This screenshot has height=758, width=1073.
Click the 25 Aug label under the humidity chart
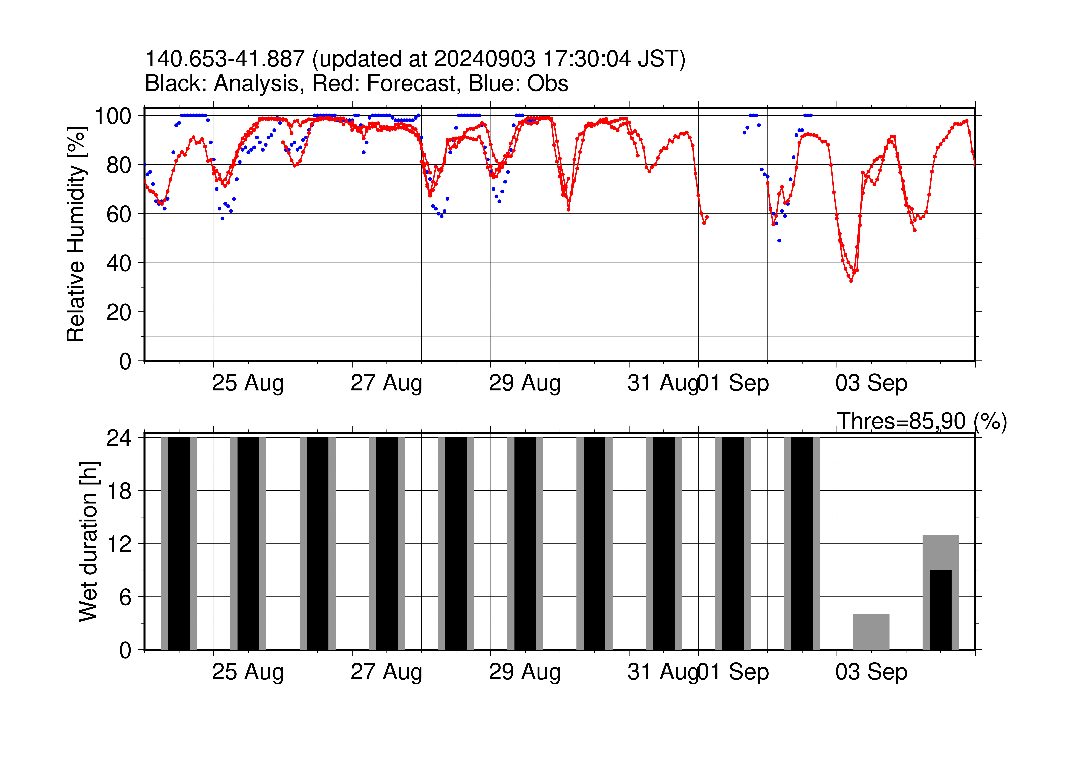(x=248, y=383)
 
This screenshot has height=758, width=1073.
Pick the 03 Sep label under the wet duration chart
(x=871, y=672)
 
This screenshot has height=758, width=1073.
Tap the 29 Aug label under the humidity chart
(x=525, y=383)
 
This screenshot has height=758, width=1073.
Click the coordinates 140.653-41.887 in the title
(x=225, y=59)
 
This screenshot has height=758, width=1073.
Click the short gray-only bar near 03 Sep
(x=871, y=632)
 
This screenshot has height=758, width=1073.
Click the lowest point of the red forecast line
(x=851, y=281)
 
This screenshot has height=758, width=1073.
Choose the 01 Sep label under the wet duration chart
(x=733, y=672)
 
